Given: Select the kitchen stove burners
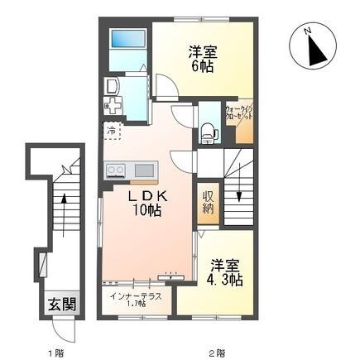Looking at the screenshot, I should (x=116, y=171).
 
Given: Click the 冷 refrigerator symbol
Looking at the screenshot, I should (x=110, y=130).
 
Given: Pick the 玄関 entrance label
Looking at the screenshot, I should (x=56, y=303).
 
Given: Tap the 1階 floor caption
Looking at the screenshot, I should (x=55, y=350).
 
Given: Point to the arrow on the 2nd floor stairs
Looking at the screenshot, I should (x=239, y=194).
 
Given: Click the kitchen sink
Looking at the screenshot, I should (x=144, y=170).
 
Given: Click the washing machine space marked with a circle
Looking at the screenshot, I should (x=112, y=85).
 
